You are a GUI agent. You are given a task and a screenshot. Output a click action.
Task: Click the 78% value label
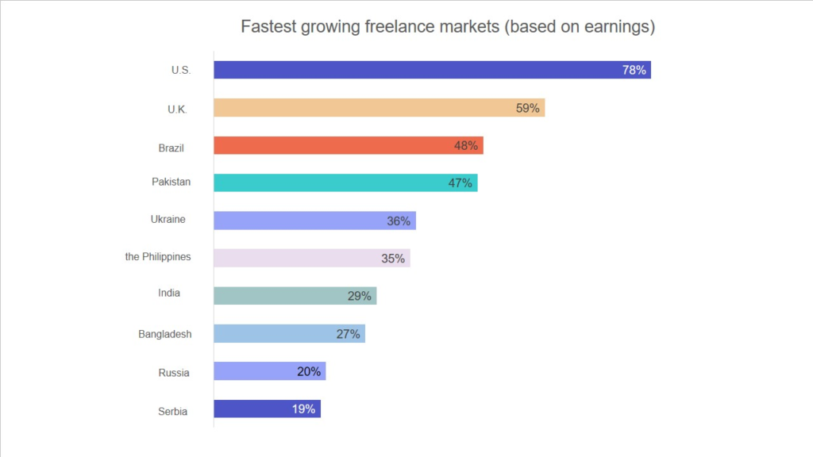pos(634,70)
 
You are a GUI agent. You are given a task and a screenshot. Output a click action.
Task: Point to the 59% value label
pos(528,108)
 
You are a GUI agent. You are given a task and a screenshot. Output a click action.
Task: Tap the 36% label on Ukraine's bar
pos(399,221)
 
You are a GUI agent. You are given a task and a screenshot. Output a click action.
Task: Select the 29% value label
pos(360,296)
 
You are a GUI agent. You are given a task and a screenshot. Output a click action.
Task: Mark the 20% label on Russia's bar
pos(309,371)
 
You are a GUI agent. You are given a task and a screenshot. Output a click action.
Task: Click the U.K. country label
pos(177,109)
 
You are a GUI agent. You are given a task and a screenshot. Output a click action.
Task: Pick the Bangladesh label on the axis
pos(165,334)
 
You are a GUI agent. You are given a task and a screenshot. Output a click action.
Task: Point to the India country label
pos(169,293)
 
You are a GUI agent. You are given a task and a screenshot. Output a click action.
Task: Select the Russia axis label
pos(174,372)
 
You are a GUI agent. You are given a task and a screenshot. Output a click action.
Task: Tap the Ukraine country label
pos(168,219)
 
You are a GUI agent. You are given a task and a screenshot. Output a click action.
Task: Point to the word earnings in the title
pos(616,27)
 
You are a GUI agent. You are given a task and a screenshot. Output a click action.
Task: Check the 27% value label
pos(349,334)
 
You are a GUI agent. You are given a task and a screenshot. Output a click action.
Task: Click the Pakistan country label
pos(171,182)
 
